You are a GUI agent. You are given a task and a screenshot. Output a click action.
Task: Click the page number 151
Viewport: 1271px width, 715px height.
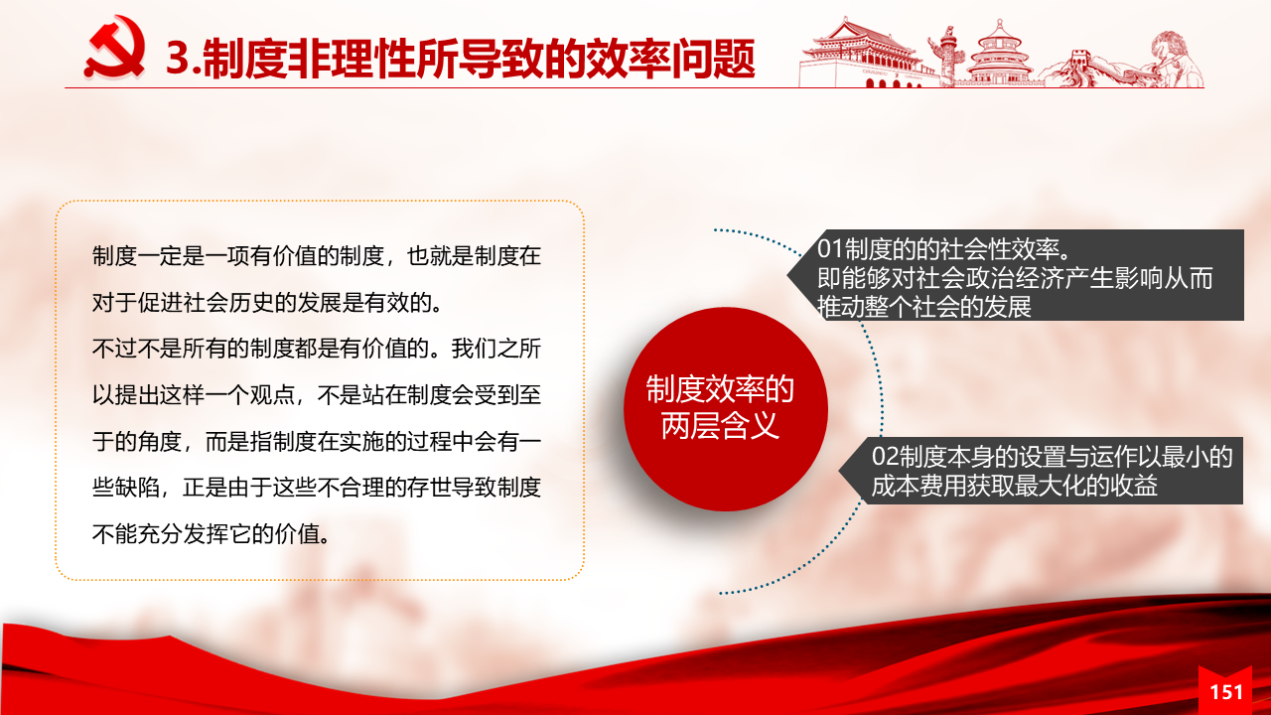click(1226, 692)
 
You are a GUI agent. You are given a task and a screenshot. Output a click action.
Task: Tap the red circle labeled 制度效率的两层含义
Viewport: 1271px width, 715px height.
click(725, 408)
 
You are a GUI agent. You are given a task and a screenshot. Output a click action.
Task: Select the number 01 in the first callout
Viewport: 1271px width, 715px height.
click(830, 249)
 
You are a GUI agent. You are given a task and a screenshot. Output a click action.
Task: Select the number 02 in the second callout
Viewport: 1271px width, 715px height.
click(885, 458)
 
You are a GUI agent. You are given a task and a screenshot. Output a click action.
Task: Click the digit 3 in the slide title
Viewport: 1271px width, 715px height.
click(177, 59)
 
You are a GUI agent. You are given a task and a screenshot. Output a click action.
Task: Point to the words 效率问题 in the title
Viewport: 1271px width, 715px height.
click(670, 59)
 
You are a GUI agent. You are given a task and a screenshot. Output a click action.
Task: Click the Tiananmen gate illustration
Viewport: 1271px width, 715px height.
click(863, 54)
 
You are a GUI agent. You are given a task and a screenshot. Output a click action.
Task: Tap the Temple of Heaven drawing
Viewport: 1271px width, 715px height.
click(999, 54)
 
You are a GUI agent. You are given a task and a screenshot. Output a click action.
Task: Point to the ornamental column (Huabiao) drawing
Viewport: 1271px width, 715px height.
click(946, 57)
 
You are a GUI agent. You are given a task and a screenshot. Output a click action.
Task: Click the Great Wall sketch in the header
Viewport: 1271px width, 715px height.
click(1078, 70)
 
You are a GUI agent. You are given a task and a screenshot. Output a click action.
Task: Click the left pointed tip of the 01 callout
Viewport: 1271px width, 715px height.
click(787, 275)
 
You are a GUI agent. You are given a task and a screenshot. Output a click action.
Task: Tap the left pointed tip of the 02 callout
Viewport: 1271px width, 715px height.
click(839, 471)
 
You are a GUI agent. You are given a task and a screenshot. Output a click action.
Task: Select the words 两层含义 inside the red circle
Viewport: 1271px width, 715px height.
click(720, 426)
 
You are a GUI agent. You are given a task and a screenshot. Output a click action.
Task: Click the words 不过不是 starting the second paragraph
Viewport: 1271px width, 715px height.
click(137, 349)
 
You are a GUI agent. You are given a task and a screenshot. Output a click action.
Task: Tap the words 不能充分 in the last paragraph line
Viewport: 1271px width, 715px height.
click(137, 534)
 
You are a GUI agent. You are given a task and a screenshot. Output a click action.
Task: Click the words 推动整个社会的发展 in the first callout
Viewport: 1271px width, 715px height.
click(924, 307)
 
